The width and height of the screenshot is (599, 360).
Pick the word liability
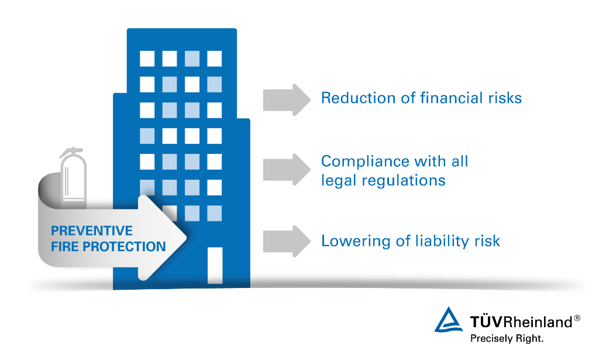[x=442, y=241]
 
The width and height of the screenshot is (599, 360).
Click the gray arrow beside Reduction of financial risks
[x=287, y=100]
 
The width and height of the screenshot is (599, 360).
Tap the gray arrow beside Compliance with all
[x=287, y=170]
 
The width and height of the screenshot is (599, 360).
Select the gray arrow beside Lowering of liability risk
[x=287, y=241]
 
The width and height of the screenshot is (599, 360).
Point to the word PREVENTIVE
[x=92, y=231]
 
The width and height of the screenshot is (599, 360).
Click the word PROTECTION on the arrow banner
[x=124, y=247]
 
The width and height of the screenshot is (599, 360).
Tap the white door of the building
[x=215, y=265]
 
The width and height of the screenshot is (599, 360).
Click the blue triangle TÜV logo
[x=448, y=320]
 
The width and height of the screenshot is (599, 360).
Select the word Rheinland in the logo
[x=538, y=322]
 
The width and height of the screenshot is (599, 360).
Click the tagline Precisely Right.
[x=507, y=338]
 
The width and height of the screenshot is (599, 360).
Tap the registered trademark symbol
[x=577, y=318]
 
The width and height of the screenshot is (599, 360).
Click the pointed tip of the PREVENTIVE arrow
[x=186, y=238]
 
